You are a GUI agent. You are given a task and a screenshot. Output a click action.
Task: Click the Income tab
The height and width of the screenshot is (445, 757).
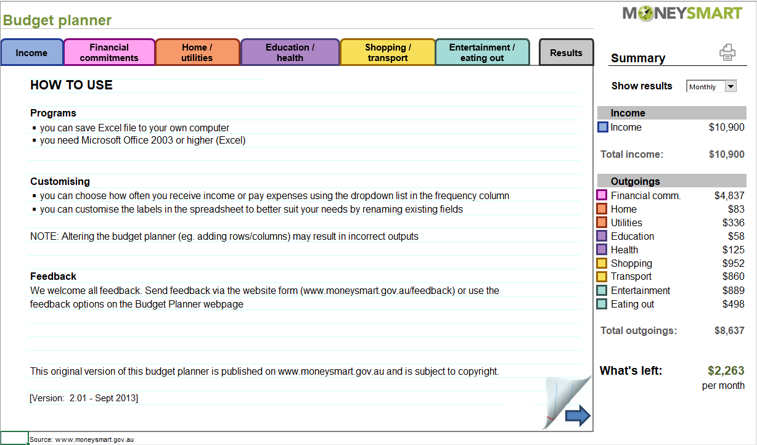click(x=31, y=53)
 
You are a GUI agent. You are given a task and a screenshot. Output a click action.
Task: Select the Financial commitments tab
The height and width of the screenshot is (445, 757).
click(x=109, y=52)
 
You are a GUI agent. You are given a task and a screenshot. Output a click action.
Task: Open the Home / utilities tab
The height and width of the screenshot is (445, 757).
click(x=197, y=52)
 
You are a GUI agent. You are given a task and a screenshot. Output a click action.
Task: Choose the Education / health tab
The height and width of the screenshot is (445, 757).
click(x=290, y=52)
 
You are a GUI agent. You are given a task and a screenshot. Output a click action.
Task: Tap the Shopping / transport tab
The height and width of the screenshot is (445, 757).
click(x=388, y=52)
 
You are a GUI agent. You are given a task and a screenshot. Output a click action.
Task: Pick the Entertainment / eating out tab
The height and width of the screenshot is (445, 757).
click(x=482, y=52)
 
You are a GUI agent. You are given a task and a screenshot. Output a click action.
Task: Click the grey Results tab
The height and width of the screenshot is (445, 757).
click(x=566, y=53)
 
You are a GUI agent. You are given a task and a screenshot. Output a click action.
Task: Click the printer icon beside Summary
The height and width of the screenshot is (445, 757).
click(x=727, y=53)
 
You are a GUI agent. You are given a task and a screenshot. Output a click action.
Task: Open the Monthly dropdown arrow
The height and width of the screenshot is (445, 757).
click(x=731, y=87)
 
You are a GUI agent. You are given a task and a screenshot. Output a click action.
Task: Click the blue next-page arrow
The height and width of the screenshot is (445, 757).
click(x=578, y=416)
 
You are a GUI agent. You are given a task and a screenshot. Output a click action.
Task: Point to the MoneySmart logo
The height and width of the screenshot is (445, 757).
click(x=682, y=14)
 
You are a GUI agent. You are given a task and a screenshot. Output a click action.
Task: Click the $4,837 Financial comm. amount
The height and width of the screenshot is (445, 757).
click(x=729, y=195)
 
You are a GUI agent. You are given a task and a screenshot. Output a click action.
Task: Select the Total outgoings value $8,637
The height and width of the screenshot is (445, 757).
click(x=729, y=330)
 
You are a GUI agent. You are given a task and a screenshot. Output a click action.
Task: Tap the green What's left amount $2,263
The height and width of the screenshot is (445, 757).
click(x=726, y=370)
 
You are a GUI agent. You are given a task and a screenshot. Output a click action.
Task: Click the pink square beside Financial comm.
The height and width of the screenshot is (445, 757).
click(x=602, y=195)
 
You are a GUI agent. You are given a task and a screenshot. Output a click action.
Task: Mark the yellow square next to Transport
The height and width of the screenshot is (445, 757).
click(x=602, y=277)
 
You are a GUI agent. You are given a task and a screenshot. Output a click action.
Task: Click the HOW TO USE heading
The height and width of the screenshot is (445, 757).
click(x=72, y=86)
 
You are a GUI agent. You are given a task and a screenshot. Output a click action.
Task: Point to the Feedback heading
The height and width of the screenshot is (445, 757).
click(x=54, y=276)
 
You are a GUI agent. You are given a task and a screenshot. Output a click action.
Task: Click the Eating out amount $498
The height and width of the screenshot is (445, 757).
click(x=733, y=304)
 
